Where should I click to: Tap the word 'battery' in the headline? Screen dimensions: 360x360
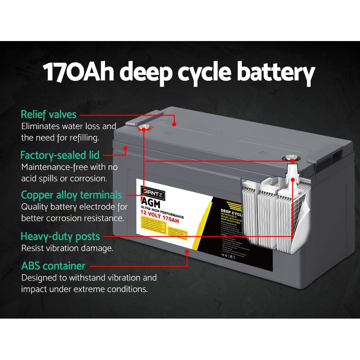coord(276,73)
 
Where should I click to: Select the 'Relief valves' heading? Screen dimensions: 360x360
coord(49,114)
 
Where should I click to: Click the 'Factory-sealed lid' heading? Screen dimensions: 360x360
coord(60,155)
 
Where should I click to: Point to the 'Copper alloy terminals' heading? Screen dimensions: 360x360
coord(71,195)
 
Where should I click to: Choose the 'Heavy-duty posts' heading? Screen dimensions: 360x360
coord(60,237)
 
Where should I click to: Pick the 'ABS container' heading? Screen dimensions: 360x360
coord(53,266)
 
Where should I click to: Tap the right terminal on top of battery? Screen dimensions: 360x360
coord(290,157)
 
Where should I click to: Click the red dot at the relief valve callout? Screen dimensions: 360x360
coord(174,124)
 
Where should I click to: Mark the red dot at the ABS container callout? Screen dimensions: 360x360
coord(187,252)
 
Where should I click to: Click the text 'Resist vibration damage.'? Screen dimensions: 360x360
coord(67,248)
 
